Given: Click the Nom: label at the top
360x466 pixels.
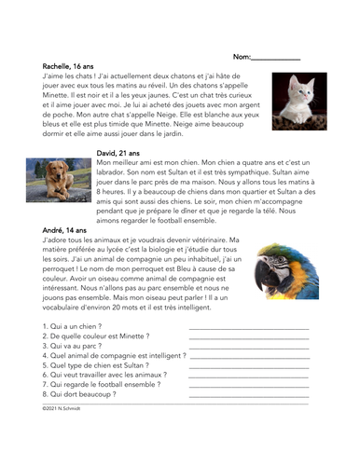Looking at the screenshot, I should tap(242, 57).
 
